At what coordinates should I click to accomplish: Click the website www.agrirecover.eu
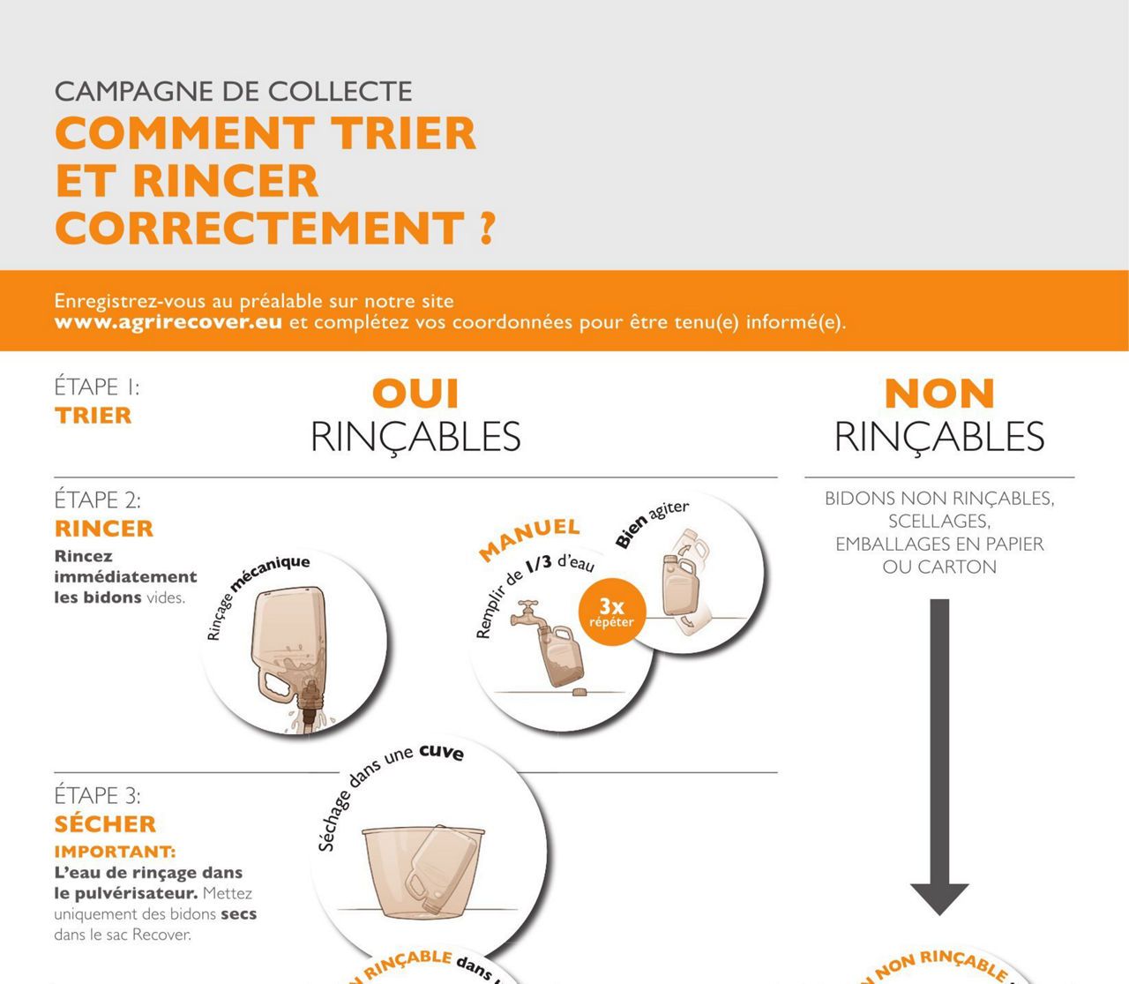[168, 322]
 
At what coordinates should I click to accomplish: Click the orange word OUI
[415, 394]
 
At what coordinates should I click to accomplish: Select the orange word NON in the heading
[939, 394]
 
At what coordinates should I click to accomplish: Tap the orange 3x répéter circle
[611, 611]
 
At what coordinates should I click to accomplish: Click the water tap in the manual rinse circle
[529, 612]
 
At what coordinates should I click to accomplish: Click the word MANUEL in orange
[529, 538]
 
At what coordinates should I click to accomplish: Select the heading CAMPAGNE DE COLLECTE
[234, 91]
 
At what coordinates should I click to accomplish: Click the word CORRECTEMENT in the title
[260, 229]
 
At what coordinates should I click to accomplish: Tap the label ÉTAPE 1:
[96, 387]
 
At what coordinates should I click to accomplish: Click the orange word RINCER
[104, 529]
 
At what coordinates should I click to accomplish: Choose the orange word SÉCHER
[105, 824]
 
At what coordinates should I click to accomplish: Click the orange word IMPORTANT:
[115, 852]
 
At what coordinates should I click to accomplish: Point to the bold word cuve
[441, 752]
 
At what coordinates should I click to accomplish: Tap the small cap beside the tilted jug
[579, 693]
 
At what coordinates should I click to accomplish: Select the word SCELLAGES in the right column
[939, 521]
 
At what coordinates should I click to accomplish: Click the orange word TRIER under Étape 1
[93, 416]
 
